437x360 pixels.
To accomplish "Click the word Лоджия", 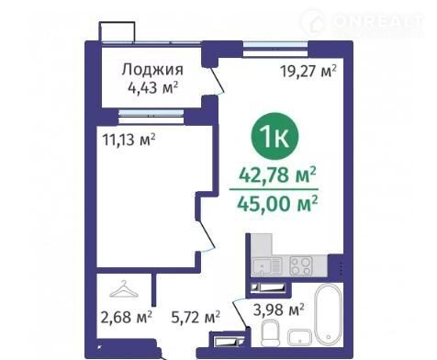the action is point(152,70).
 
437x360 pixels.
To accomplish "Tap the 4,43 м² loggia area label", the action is point(153,88).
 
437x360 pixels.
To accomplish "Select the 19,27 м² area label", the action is point(308,72).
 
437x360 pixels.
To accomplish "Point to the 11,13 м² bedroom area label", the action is point(129,140).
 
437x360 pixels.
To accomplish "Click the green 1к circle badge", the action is point(275,136).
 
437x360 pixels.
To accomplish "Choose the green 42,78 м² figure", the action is point(277,175).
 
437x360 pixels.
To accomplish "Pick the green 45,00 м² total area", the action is point(277,204).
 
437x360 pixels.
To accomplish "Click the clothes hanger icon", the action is point(124,288).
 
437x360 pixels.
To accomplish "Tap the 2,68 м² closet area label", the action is point(126,317).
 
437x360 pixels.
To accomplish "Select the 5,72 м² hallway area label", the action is point(196,317).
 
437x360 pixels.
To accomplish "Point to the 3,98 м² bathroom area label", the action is point(278,309).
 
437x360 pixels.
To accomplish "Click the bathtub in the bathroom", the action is point(329,315).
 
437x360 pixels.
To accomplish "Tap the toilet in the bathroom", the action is point(271,333).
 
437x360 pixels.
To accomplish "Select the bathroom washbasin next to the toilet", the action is point(300,336).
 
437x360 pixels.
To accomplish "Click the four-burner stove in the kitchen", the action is point(301,265).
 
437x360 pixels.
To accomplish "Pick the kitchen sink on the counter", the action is point(266,265).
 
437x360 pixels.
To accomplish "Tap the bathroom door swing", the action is point(240,315).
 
